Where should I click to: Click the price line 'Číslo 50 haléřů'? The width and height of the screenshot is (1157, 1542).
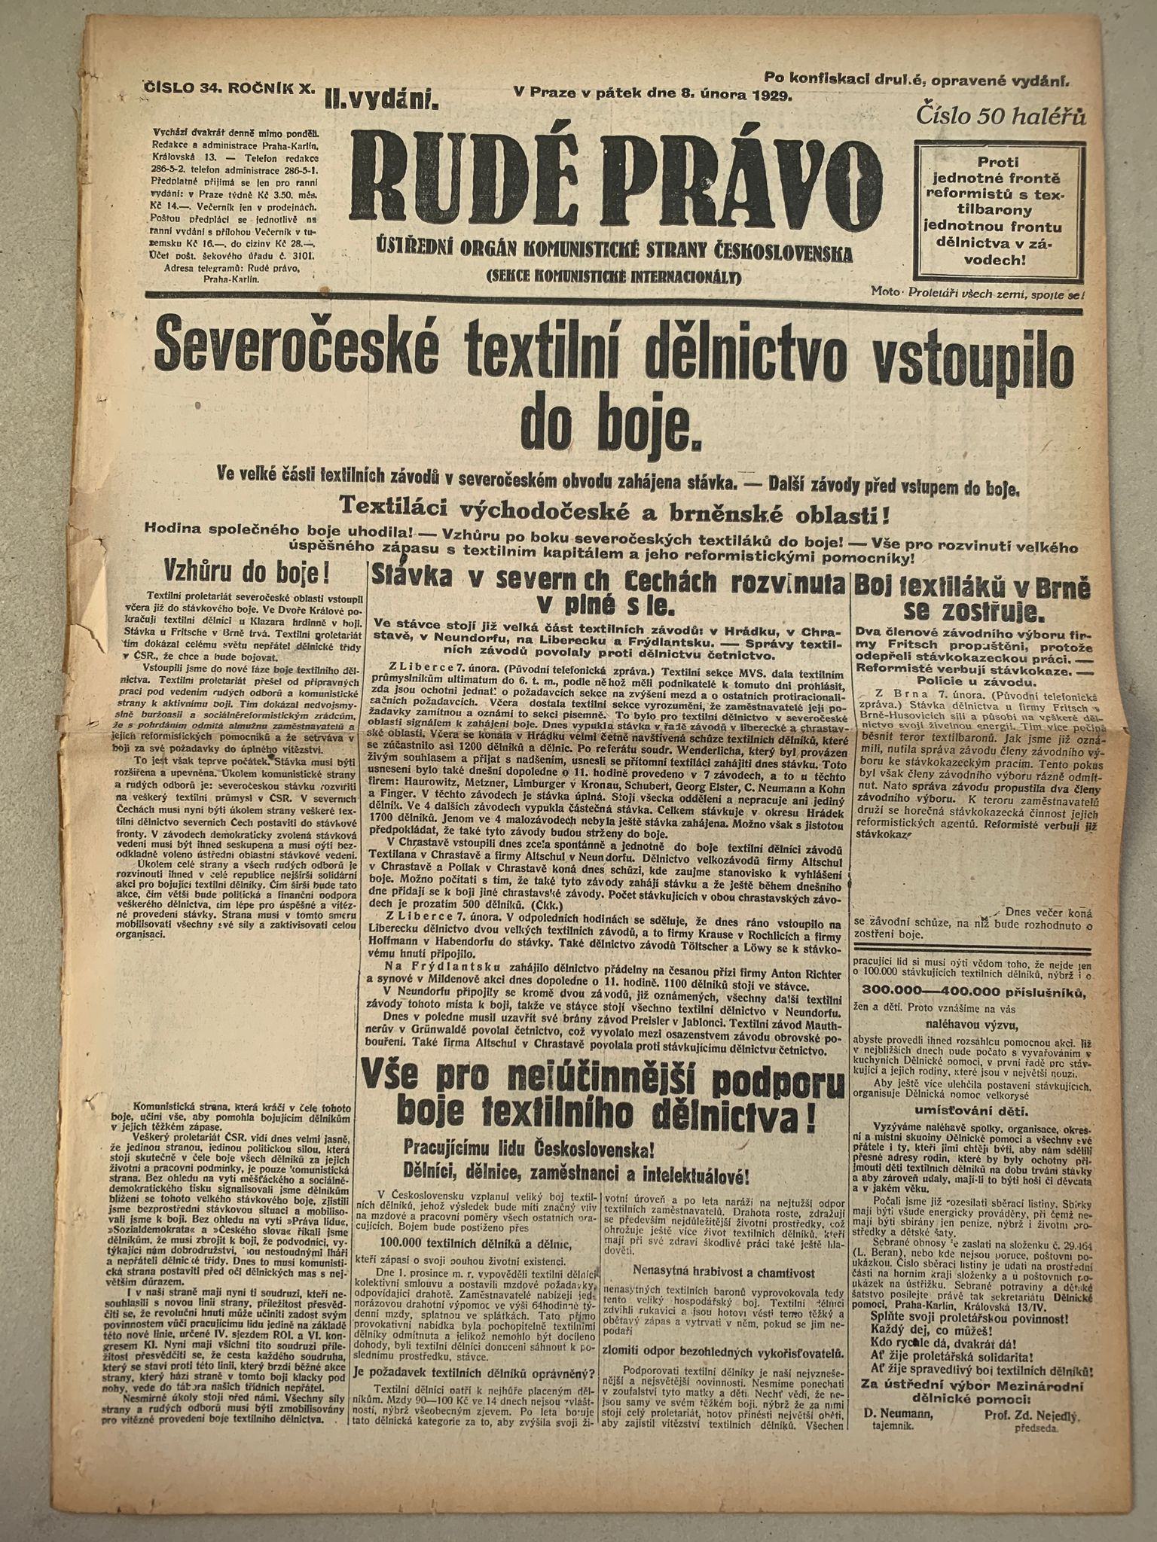click(x=1000, y=117)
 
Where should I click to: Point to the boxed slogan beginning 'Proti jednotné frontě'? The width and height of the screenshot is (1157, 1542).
click(x=997, y=206)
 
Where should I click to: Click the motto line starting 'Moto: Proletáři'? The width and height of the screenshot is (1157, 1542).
click(x=977, y=291)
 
